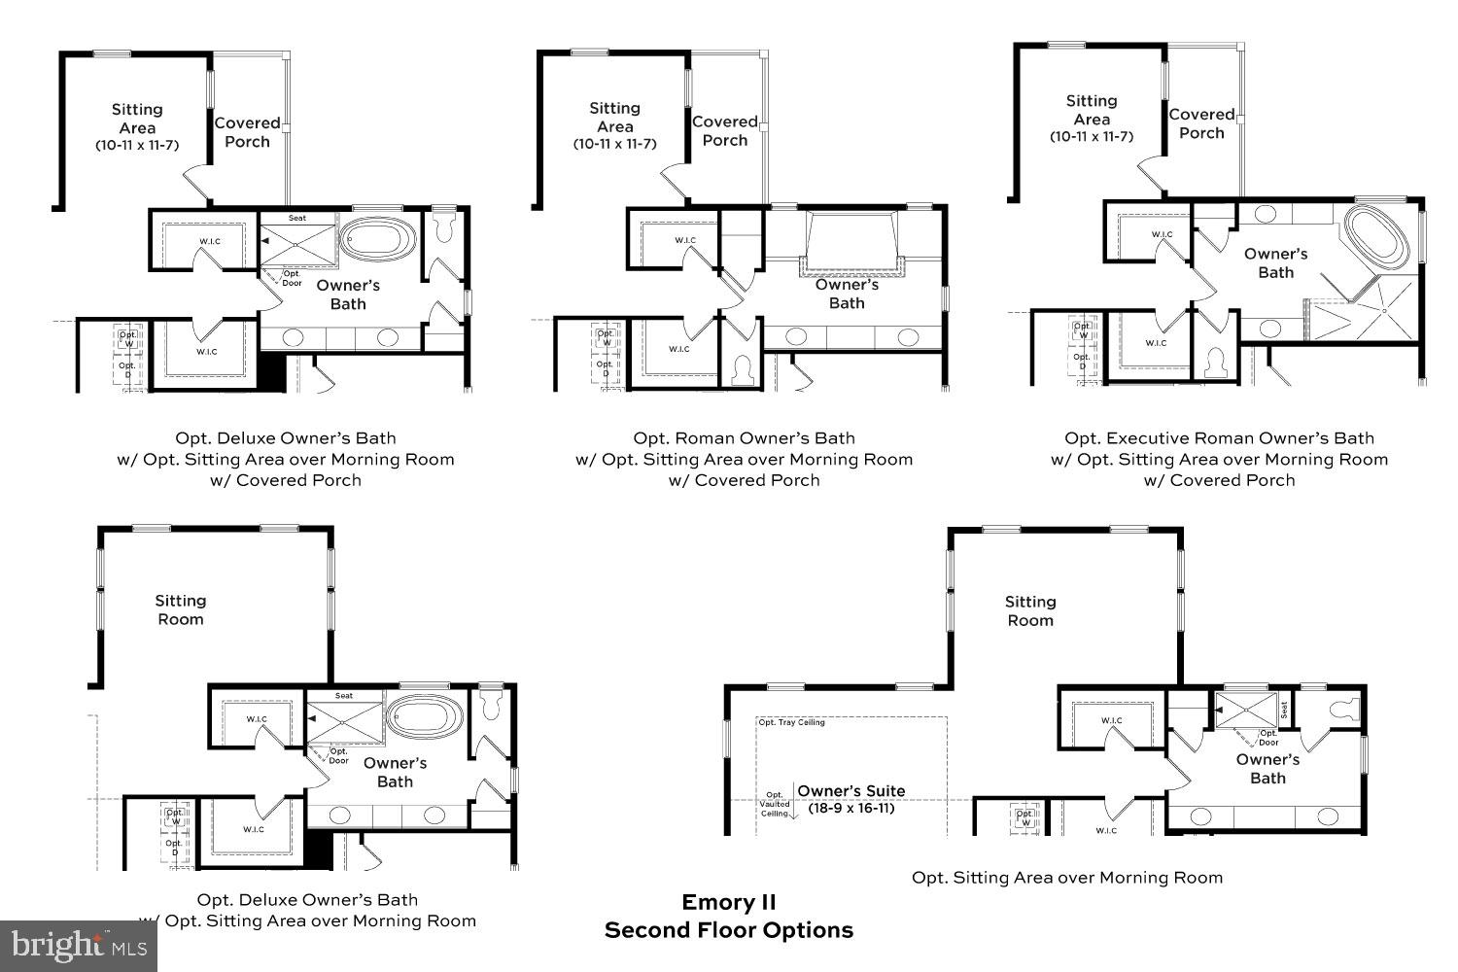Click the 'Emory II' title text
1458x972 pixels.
728,902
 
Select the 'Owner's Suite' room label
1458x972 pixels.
850,791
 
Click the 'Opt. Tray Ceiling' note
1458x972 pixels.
791,722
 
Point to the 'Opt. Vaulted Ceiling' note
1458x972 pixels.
775,804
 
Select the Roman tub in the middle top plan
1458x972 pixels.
850,238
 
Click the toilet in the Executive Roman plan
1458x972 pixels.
1214,363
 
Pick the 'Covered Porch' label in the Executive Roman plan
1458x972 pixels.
1201,123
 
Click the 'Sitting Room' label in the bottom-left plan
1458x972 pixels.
181,609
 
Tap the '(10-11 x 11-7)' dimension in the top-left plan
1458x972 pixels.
137,145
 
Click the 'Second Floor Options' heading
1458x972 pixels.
728,930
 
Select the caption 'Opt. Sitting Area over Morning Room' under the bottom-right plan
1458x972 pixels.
1066,878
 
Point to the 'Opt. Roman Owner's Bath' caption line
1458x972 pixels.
744,438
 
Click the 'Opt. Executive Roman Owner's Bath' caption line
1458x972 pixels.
1219,438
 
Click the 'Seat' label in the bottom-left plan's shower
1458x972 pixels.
344,696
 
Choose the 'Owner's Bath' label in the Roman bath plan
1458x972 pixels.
847,294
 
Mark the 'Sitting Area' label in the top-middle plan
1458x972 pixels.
614,117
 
